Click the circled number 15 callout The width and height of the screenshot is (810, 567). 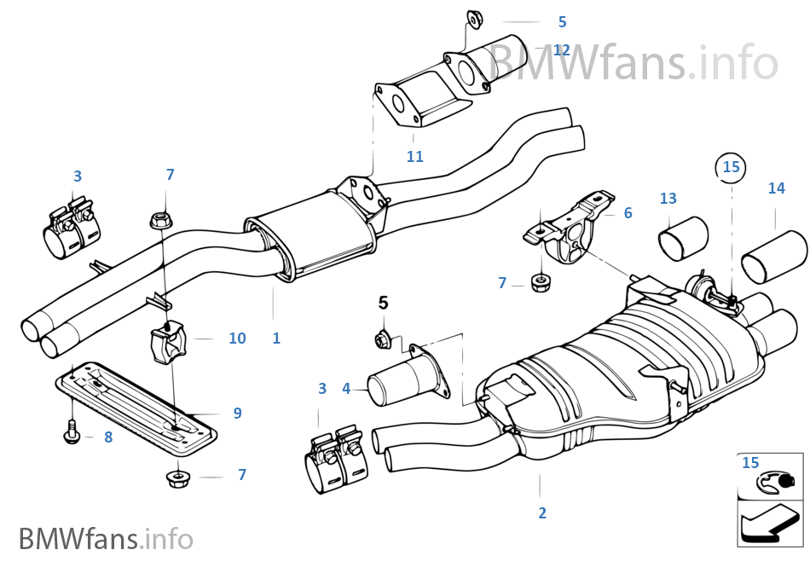click(732, 167)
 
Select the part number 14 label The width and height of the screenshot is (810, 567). click(776, 188)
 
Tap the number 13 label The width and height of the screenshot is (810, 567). click(668, 199)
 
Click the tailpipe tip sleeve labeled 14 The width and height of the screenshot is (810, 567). click(773, 257)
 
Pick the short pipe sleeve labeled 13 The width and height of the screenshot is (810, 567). click(682, 238)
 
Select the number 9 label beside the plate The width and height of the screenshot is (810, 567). click(237, 413)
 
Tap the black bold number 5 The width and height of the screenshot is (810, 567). click(383, 302)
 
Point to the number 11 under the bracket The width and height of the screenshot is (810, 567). click(414, 157)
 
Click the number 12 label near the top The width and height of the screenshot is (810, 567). click(560, 50)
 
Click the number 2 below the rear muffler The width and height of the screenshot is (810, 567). click(542, 512)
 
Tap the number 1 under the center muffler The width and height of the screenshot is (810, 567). click(276, 338)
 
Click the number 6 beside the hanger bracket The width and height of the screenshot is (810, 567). click(628, 213)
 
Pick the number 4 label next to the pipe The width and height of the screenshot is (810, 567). click(346, 389)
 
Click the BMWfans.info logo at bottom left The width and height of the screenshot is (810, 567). click(106, 539)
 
